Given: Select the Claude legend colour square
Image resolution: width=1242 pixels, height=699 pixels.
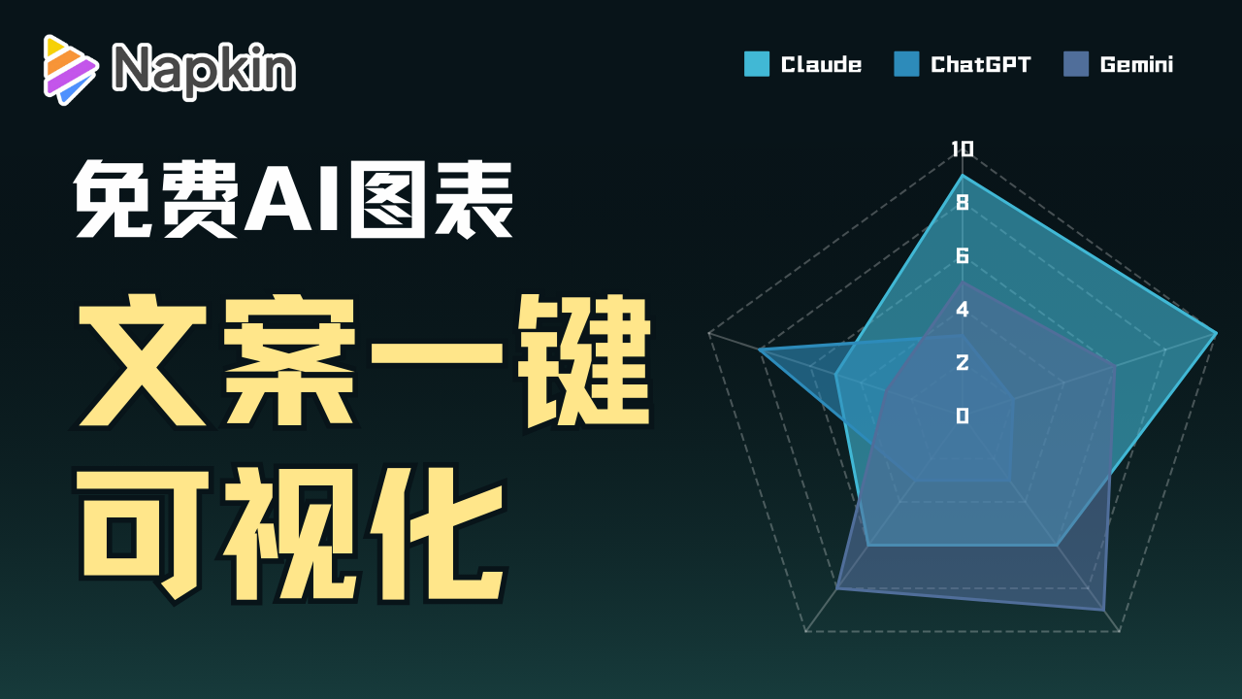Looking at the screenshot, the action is tap(756, 64).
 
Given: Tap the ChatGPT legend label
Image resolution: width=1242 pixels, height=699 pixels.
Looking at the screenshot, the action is tap(980, 64).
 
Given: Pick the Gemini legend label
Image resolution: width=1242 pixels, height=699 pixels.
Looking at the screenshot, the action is tap(1136, 64).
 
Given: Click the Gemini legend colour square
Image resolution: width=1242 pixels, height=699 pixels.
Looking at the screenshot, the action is tap(1076, 64).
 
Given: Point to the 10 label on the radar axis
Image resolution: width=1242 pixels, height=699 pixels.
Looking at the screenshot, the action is tap(962, 149).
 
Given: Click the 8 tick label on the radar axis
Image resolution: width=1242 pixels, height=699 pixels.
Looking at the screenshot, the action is tap(963, 203).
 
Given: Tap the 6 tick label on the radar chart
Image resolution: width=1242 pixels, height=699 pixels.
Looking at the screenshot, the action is tap(963, 255).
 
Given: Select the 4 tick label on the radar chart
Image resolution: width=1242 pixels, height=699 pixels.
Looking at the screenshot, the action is tap(963, 309).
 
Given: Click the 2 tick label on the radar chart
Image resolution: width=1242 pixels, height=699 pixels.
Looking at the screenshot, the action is tap(963, 362).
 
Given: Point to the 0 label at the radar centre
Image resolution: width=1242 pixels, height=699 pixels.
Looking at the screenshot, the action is tap(963, 416).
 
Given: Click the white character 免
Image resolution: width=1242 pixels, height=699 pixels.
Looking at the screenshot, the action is tap(113, 199).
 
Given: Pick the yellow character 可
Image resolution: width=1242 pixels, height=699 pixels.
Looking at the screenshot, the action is tap(143, 534).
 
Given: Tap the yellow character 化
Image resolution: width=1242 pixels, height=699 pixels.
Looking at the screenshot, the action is tap(438, 534).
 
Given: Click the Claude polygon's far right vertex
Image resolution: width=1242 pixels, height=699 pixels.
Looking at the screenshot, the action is tap(1217, 333).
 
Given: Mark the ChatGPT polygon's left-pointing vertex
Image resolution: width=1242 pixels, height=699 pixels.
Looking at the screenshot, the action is tap(759, 350).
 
